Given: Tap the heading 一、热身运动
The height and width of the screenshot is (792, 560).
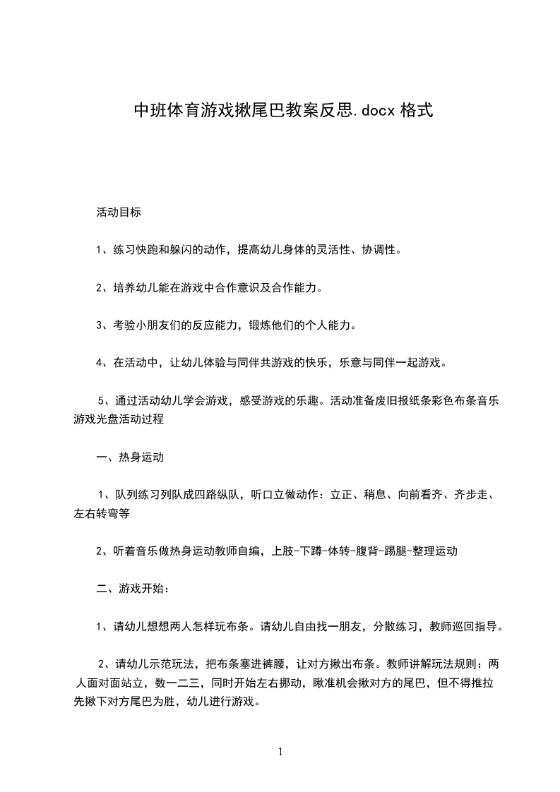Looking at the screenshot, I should [130, 457].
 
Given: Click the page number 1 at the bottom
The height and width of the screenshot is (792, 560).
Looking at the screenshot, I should [280, 752].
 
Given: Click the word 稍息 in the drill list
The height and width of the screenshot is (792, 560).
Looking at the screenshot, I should [375, 495].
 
